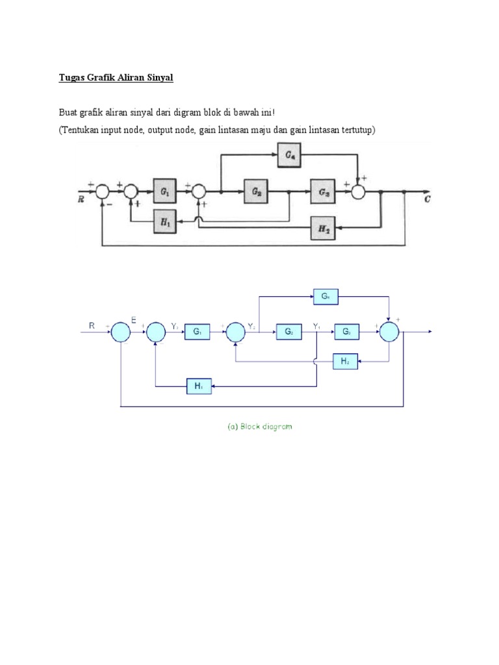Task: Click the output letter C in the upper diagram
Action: (x=427, y=199)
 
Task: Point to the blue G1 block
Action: (x=198, y=331)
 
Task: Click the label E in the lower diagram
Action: (x=133, y=321)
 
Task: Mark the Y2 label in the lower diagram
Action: (x=250, y=326)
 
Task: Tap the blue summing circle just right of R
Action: (x=121, y=332)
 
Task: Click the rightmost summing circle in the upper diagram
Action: (x=360, y=192)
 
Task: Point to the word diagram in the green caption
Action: (x=277, y=427)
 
